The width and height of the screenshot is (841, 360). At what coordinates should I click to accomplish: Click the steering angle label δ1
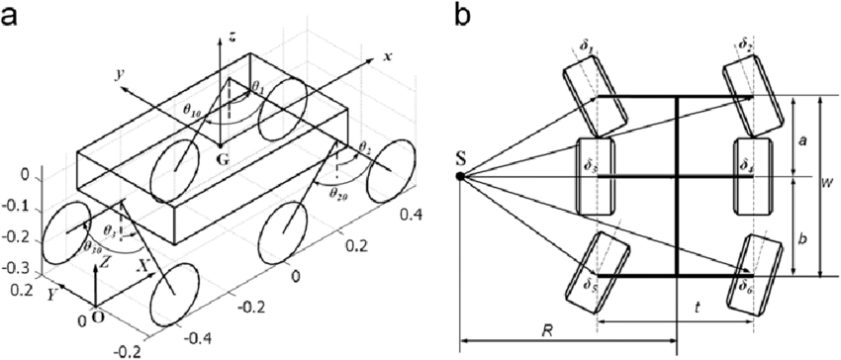point(587,44)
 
